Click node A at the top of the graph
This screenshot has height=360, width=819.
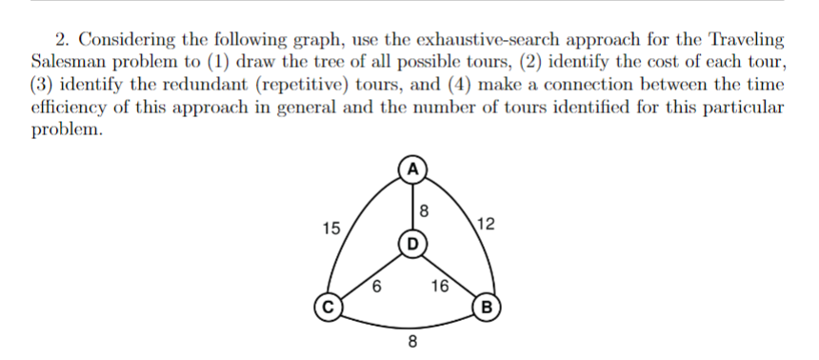(x=411, y=171)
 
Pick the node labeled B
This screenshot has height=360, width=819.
(x=488, y=307)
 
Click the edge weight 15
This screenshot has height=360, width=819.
(x=331, y=228)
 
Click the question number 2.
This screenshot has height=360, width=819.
(x=61, y=41)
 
